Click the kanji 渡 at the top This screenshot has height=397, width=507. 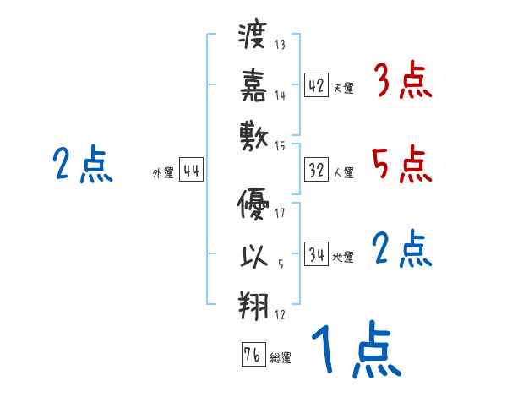pos(253,37)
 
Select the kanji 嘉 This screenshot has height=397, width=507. pos(253,84)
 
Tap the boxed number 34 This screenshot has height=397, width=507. pos(317,254)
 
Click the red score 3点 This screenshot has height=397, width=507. pos(403,83)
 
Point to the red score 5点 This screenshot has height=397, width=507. pos(403,164)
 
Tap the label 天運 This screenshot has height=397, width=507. pos(343,88)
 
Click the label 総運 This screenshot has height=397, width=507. pos(280,358)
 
